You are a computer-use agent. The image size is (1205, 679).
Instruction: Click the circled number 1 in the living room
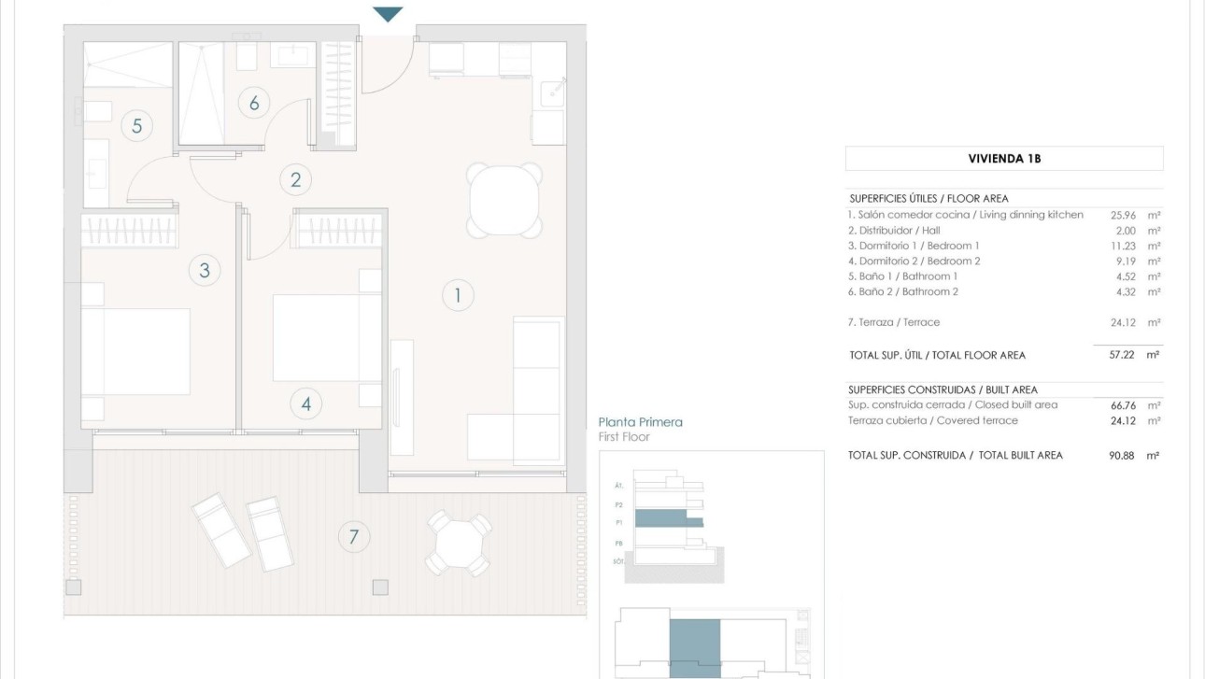tap(458, 296)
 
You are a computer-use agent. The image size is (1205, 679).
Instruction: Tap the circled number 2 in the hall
tap(296, 179)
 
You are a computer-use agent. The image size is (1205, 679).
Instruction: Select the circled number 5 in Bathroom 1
tap(136, 125)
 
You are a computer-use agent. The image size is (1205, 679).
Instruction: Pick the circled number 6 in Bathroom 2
tap(253, 103)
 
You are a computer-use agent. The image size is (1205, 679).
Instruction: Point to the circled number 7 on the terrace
tap(353, 537)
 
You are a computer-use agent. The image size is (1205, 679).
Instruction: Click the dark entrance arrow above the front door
tap(388, 14)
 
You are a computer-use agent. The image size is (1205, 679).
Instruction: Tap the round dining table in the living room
tap(504, 201)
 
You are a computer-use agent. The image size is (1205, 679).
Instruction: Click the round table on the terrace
tap(459, 543)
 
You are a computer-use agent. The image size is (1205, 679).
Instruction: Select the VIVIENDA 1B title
tap(1004, 159)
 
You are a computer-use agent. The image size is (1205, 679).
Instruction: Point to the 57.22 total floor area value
tap(1121, 355)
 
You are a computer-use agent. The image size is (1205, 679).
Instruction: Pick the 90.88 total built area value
tap(1121, 456)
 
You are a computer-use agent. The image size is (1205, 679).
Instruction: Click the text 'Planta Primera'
tap(640, 422)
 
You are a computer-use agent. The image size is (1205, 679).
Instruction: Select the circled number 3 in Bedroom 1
tap(205, 271)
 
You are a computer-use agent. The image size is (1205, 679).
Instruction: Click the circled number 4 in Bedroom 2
tap(305, 404)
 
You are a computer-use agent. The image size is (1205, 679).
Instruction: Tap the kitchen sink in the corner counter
tap(553, 91)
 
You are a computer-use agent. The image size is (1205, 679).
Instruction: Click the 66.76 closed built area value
tap(1121, 405)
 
